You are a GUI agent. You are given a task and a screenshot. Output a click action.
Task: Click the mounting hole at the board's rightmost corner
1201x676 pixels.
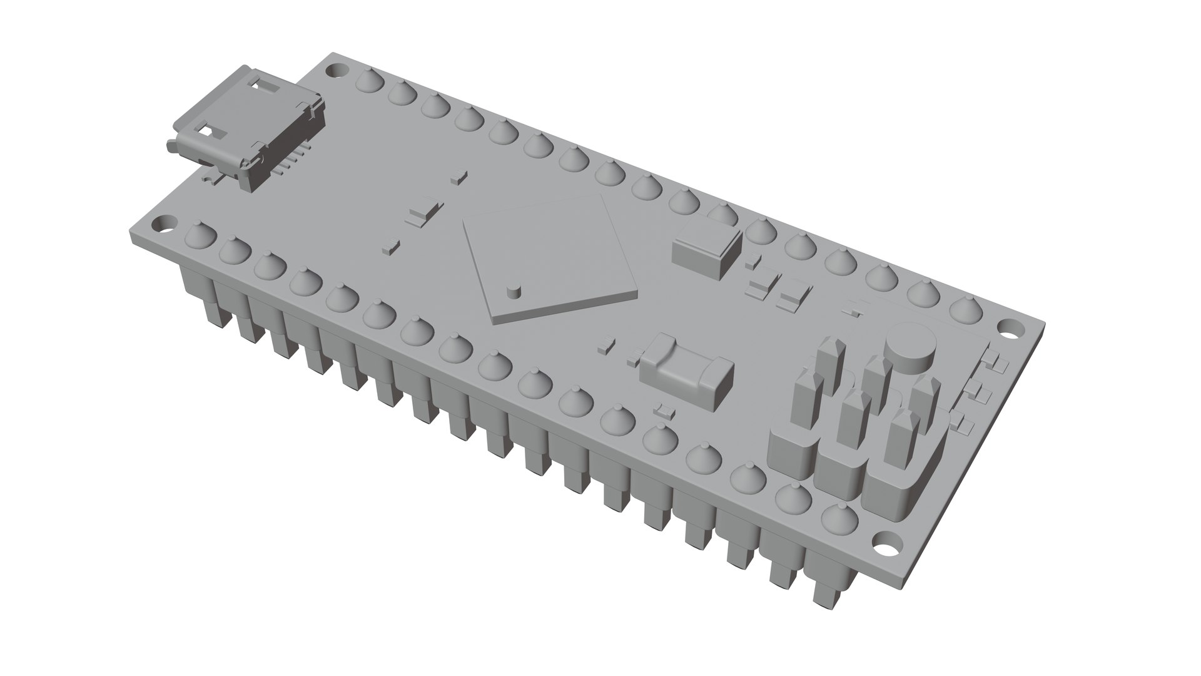[x=1008, y=327]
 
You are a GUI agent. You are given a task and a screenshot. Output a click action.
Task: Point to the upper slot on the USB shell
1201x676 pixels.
[x=265, y=83]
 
